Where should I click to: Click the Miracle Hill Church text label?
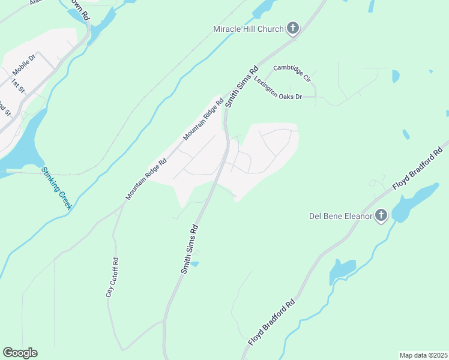click(249, 29)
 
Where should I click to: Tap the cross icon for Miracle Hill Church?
click(292, 28)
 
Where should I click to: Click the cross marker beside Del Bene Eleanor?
click(381, 216)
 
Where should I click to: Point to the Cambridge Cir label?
click(292, 73)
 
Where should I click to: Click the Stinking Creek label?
click(56, 188)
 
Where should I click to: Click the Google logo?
click(20, 353)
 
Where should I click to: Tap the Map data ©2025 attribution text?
click(423, 355)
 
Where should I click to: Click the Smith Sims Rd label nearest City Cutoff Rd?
click(190, 250)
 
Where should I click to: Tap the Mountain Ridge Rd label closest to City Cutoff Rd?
click(146, 179)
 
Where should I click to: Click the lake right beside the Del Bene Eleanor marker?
click(415, 201)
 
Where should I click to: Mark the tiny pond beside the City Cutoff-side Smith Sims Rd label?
click(194, 263)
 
